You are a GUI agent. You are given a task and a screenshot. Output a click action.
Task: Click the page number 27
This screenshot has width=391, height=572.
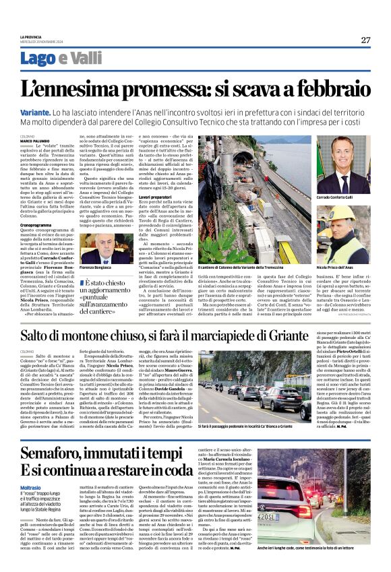tap(365, 40)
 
